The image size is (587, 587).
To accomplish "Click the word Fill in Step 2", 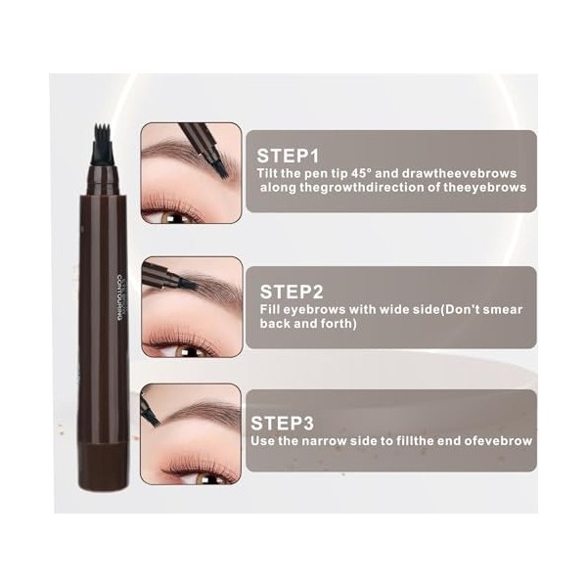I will [x=273, y=309].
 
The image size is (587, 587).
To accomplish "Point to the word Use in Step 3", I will [x=264, y=441].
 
